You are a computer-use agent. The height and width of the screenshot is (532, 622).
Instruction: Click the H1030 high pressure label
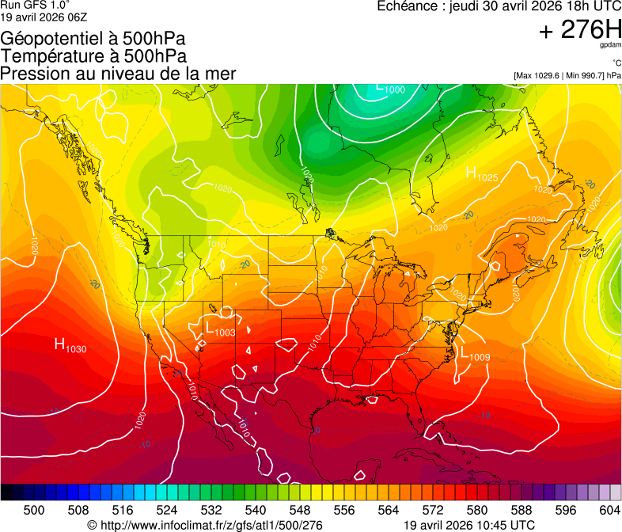[x=70, y=345]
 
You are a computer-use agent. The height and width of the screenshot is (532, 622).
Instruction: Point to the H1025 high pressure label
[x=481, y=175]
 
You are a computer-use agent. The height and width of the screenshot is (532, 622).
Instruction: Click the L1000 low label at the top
[x=390, y=89]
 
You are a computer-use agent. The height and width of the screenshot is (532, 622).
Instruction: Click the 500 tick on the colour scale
[x=34, y=509]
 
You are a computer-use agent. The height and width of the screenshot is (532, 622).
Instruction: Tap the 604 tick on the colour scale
[x=609, y=509]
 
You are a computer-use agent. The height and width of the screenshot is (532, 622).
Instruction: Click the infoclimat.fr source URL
[x=205, y=524]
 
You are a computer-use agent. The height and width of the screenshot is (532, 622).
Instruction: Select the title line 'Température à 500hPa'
[x=93, y=56]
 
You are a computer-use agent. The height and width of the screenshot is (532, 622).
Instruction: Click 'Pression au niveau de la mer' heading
[x=118, y=74]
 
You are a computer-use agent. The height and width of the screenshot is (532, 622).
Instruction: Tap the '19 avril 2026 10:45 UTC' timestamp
[x=468, y=524]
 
